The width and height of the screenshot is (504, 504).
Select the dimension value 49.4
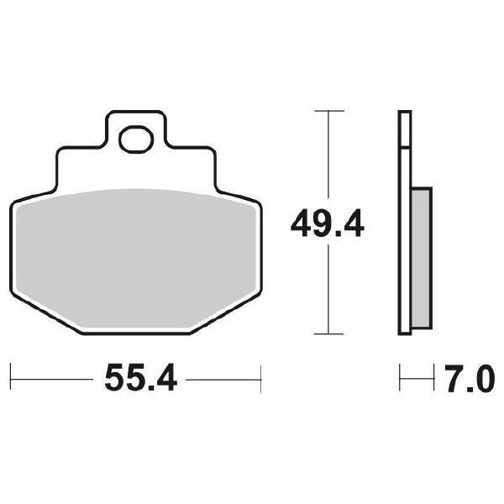tap(327, 224)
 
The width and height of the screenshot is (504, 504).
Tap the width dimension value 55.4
tap(139, 380)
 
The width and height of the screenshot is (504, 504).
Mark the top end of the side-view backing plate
tap(404, 113)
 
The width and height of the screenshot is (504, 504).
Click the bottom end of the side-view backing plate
tap(404, 331)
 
